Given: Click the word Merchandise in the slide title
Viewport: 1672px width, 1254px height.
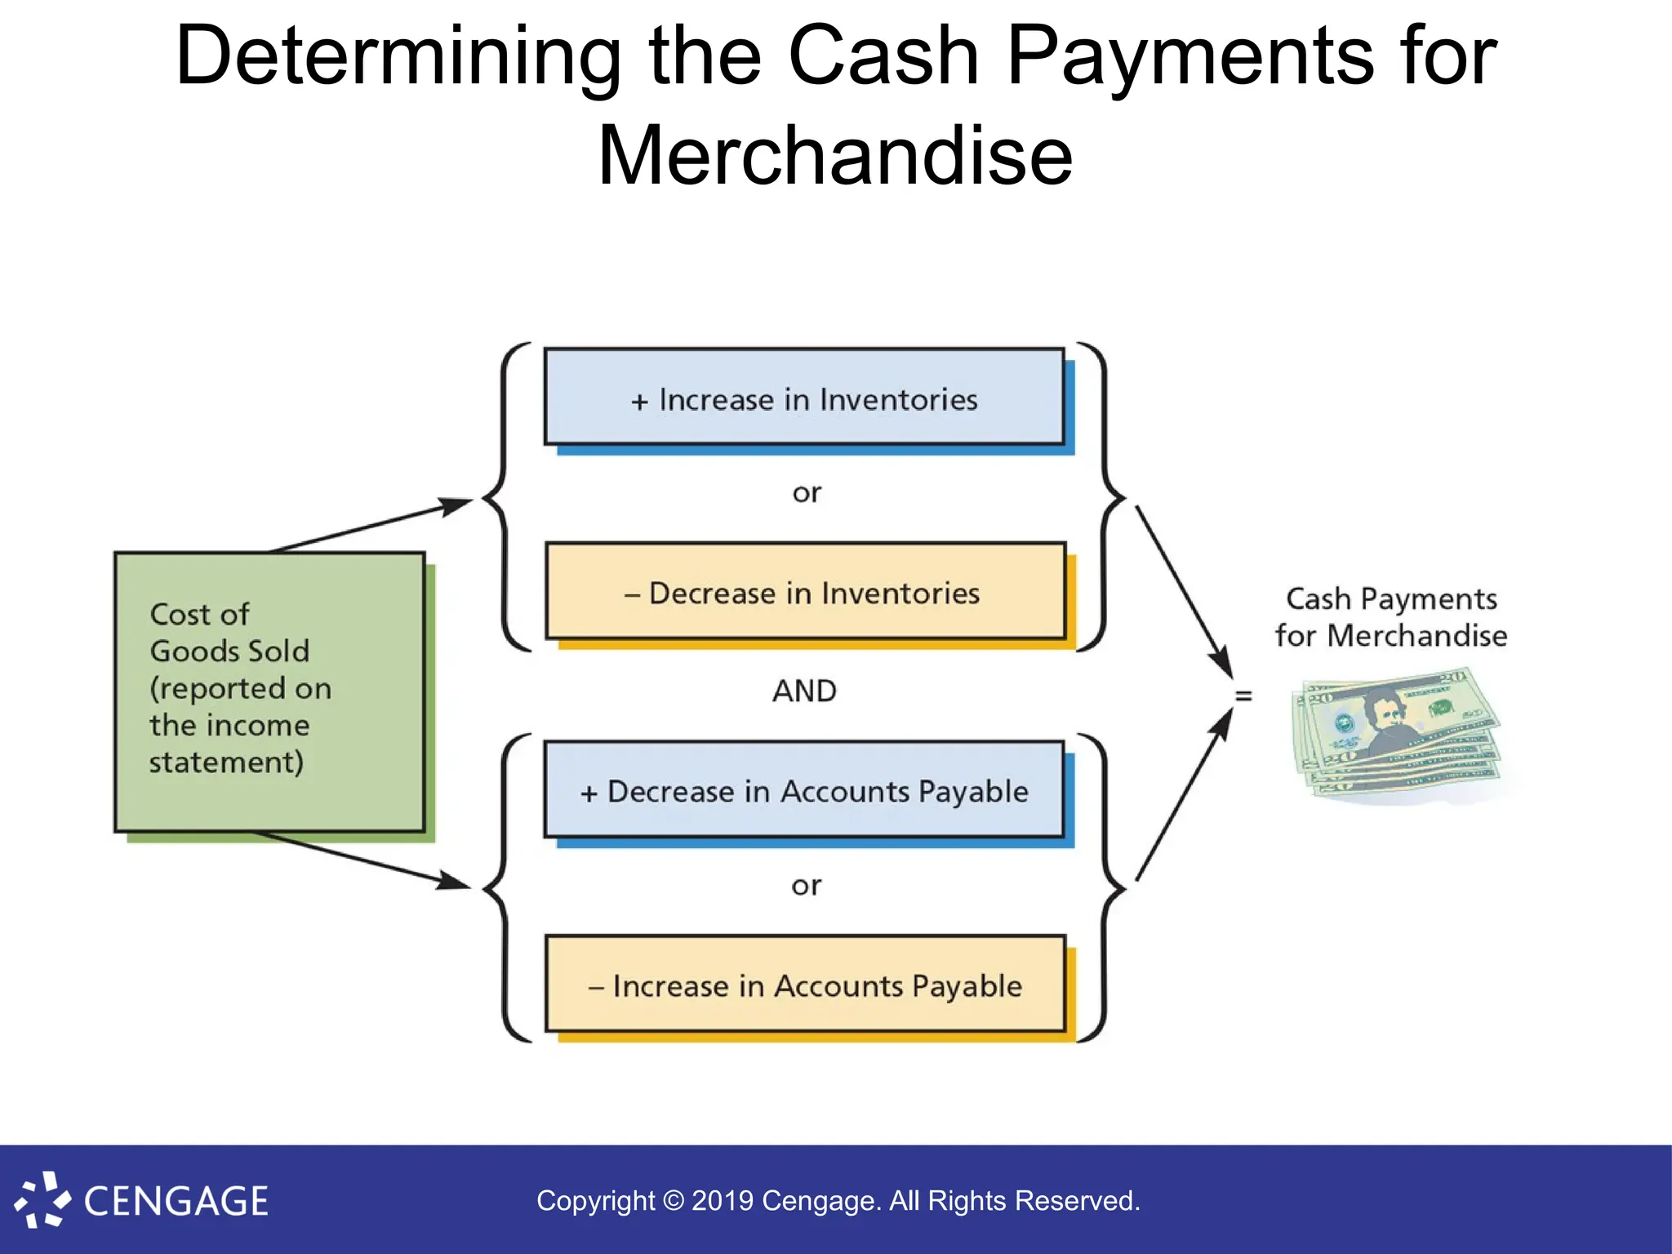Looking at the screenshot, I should click(835, 155).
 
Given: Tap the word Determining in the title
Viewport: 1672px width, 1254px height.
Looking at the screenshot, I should click(398, 56).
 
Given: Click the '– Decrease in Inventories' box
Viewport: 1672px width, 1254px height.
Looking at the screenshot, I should click(805, 591).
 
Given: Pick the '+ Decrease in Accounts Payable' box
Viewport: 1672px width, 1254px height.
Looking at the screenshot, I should click(804, 789).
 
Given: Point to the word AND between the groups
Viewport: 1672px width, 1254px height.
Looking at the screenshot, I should click(804, 691).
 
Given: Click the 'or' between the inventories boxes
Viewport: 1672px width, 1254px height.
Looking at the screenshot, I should click(807, 492).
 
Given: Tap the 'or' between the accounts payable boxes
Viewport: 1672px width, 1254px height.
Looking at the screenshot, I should click(807, 885).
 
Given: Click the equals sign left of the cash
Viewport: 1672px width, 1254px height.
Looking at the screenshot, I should click(1243, 696).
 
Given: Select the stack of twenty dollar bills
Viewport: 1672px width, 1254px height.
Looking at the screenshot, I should click(1396, 735).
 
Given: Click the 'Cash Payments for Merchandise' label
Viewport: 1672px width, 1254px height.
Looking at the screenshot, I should click(1391, 617).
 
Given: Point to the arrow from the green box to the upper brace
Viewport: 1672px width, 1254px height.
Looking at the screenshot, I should click(371, 525).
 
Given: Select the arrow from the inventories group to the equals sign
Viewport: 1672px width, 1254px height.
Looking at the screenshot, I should click(1184, 592).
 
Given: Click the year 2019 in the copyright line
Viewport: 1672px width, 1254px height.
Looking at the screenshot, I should click(722, 1201).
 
